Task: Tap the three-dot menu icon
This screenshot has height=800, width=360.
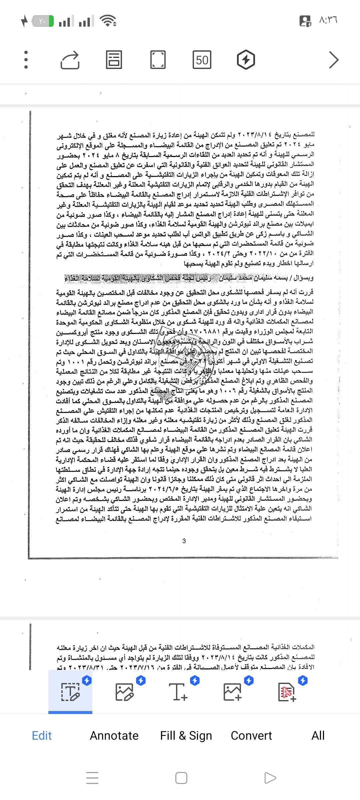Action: pos(26,60)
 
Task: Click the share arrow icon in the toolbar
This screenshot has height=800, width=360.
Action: pos(70,60)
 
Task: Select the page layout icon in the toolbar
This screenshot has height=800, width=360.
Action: pos(114,60)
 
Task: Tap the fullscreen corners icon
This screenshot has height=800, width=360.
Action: pos(158,60)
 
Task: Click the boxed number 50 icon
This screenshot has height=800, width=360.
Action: pos(202,60)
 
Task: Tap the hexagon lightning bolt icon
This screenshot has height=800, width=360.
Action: pos(246,60)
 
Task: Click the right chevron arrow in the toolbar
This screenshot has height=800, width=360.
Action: pos(334,60)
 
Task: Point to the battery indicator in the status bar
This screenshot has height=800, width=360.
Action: pos(43,21)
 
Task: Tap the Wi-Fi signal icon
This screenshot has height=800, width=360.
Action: pos(108,21)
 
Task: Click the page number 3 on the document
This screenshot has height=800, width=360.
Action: pos(184,541)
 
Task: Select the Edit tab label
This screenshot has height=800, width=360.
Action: pos(42,735)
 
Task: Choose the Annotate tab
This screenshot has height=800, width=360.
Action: pos(114,735)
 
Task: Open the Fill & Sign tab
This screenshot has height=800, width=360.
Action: pos(186,735)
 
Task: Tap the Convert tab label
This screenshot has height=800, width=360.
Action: pos(251,735)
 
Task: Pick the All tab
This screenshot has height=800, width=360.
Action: pos(318,735)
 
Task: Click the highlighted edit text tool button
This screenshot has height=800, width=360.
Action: pos(70,692)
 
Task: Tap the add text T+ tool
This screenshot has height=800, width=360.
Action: pos(178,692)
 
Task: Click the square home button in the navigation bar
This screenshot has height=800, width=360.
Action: pos(181,778)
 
